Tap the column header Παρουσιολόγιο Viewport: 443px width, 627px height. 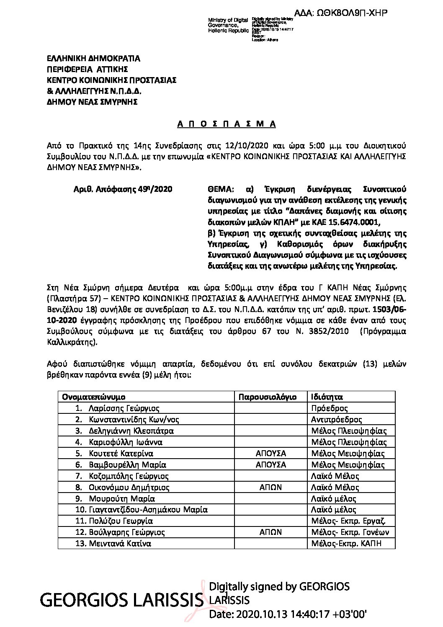coord(268,397)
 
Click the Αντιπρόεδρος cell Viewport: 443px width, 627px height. coord(337,419)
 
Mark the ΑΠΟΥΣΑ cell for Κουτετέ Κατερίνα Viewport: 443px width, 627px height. coord(270,453)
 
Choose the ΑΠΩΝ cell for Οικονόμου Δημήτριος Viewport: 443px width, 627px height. coord(270,487)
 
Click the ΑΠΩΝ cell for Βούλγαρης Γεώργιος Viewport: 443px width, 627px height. coord(270,532)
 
